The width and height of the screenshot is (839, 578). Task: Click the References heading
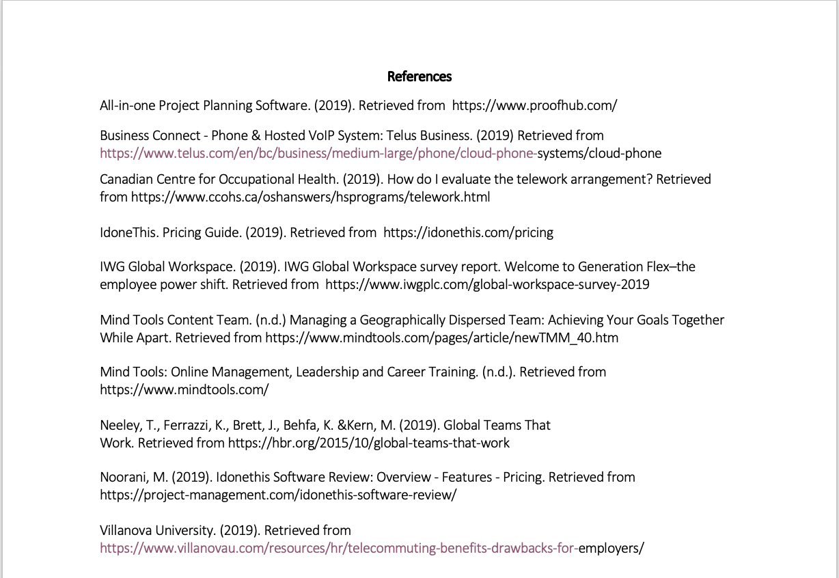[x=419, y=77]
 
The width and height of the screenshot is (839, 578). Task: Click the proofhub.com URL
[x=534, y=105]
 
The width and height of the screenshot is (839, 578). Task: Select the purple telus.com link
[x=318, y=153]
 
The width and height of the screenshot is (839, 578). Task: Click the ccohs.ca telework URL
[x=310, y=197]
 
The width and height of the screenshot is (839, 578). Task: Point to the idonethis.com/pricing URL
[x=468, y=232]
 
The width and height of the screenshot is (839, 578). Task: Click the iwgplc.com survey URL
[x=487, y=284]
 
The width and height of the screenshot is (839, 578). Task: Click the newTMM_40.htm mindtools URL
[x=441, y=338]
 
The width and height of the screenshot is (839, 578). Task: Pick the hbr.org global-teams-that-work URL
[x=368, y=443]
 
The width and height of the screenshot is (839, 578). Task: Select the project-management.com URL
[x=277, y=495]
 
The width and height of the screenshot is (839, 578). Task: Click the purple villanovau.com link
[x=339, y=548]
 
